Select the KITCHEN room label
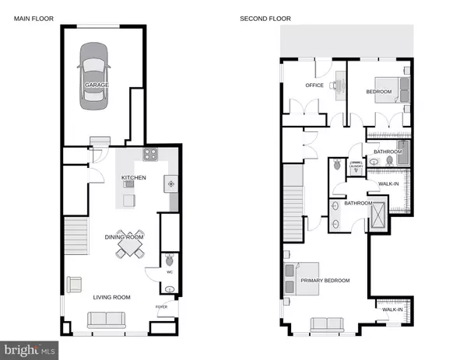tap(133, 178)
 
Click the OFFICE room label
tap(314, 86)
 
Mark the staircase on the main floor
tap(76, 238)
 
